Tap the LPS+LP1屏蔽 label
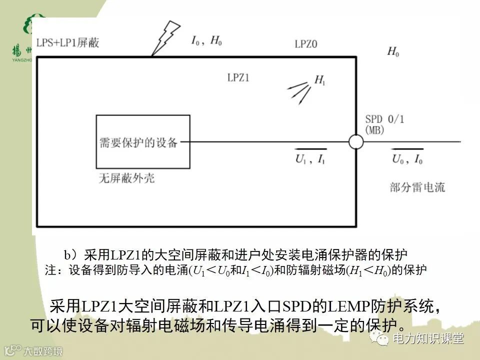67,42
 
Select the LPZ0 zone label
306,44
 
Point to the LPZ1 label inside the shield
238,77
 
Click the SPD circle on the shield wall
355,142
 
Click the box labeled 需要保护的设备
142,142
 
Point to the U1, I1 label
310,160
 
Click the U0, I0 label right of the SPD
407,160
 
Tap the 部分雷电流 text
417,187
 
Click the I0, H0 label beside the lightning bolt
206,41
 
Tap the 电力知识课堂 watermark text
428,338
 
